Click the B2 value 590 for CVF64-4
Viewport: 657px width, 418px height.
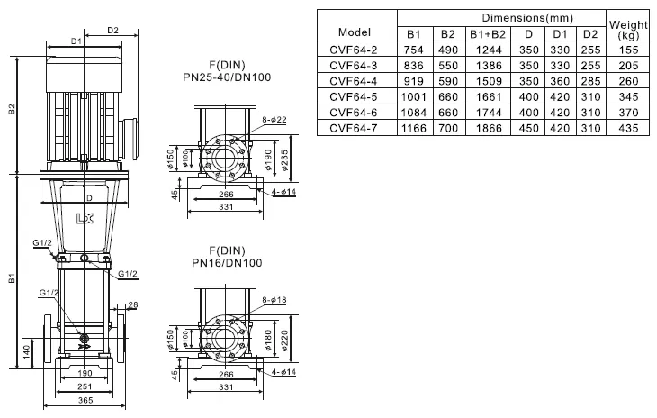pyautogui.click(x=446, y=80)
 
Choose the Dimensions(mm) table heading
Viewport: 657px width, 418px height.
pyautogui.click(x=501, y=18)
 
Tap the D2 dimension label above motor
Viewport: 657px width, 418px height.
pyautogui.click(x=113, y=31)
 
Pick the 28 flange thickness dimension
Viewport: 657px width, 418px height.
pyautogui.click(x=132, y=304)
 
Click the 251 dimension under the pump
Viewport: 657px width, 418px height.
pyautogui.click(x=85, y=387)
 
